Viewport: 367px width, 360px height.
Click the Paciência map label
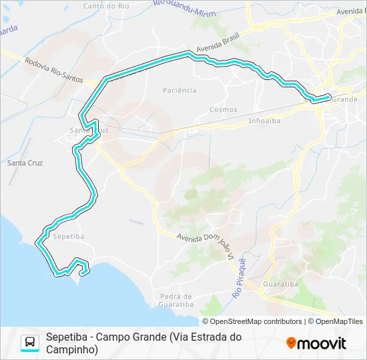click(x=179, y=90)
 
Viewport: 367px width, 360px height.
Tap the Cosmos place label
click(x=223, y=109)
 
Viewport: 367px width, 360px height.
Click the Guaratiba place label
click(x=280, y=283)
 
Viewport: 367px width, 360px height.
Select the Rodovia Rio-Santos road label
click(x=53, y=69)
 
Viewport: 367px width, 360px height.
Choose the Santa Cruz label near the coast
click(x=25, y=162)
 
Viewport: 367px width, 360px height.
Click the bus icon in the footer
click(x=30, y=343)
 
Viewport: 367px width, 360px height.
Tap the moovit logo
click(x=316, y=343)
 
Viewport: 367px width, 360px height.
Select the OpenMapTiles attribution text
click(x=339, y=321)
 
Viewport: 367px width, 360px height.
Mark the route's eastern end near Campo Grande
click(x=328, y=97)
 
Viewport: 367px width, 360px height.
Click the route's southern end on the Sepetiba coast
click(x=82, y=272)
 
